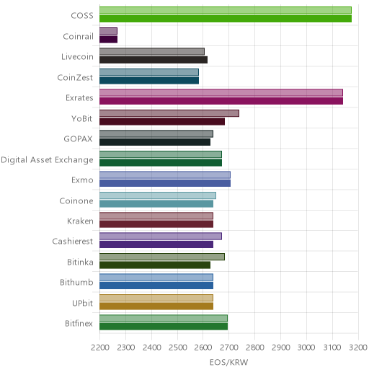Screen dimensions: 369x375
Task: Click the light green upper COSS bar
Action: pyautogui.click(x=226, y=10)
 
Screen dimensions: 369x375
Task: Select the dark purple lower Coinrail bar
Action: pyautogui.click(x=108, y=40)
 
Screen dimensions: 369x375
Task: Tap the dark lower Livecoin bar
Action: pyautogui.click(x=154, y=60)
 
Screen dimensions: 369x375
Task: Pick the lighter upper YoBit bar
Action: pyautogui.click(x=169, y=113)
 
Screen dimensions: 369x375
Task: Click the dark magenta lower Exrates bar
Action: pyautogui.click(x=221, y=101)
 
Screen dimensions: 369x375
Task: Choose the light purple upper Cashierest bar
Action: pyautogui.click(x=161, y=237)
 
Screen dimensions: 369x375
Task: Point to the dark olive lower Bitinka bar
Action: pyautogui.click(x=155, y=265)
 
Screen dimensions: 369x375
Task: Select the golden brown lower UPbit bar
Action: pyautogui.click(x=156, y=306)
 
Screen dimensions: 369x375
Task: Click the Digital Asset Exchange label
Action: pyautogui.click(x=47, y=160)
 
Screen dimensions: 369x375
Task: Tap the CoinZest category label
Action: pyautogui.click(x=75, y=77)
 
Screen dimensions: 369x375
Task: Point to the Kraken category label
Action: pyautogui.click(x=80, y=221)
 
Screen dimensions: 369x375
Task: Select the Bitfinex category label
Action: pyautogui.click(x=79, y=323)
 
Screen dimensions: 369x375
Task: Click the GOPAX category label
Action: pyautogui.click(x=78, y=138)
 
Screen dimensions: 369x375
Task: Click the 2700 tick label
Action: pyautogui.click(x=229, y=348)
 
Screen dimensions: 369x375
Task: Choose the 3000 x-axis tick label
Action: pyautogui.click(x=306, y=348)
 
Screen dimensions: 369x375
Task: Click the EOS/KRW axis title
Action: pyautogui.click(x=228, y=362)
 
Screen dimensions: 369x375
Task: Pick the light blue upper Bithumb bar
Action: pyautogui.click(x=156, y=278)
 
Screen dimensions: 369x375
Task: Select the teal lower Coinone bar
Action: pyautogui.click(x=156, y=204)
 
